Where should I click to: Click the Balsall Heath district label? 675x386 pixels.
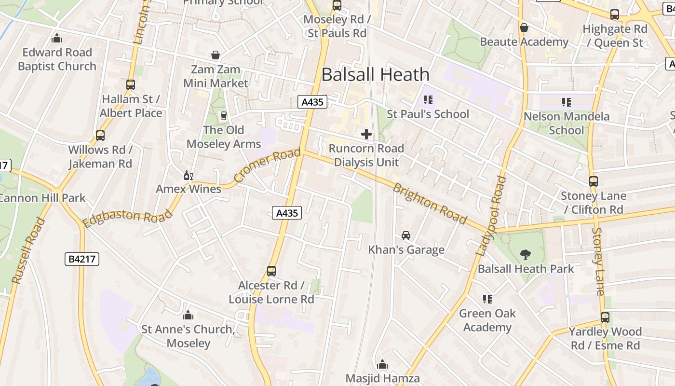point(375,74)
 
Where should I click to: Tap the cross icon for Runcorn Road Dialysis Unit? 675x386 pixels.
point(366,134)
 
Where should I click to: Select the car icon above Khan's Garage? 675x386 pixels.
point(406,235)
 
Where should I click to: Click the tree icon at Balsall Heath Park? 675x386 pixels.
point(526,254)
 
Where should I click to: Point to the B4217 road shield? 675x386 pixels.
point(82,259)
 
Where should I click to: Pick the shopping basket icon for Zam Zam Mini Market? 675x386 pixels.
point(216,55)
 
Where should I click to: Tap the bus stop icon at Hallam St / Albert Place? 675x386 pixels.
point(131,85)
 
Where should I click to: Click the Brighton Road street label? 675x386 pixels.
point(430,204)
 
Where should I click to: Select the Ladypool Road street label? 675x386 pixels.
point(491,215)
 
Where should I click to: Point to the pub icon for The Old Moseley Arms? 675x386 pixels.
point(223,116)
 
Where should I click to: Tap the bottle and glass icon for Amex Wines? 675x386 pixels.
point(188,175)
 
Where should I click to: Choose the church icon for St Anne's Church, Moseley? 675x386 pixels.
point(188,316)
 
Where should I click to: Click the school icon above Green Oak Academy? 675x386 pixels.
point(487,299)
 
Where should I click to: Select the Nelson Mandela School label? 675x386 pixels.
point(566,123)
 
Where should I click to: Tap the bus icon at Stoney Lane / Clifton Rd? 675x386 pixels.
point(594,181)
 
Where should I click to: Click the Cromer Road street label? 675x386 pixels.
point(268,165)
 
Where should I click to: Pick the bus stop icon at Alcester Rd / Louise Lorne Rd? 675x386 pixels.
point(271,271)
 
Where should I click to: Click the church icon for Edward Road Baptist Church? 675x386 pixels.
point(57,38)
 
